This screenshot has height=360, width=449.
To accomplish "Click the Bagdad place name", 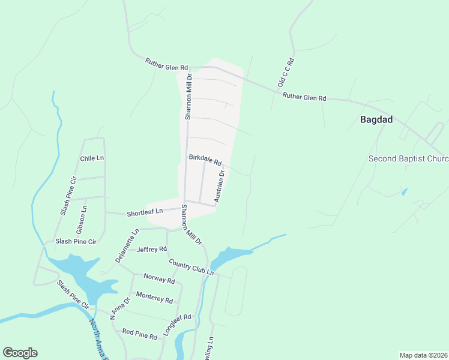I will (376, 119).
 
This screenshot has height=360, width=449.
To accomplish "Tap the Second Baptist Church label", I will (408, 159).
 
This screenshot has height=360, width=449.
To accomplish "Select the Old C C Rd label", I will (285, 73).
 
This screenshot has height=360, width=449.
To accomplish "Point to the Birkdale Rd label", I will (205, 160).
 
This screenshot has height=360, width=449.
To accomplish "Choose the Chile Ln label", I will (92, 158).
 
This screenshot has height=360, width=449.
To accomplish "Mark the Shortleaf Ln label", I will (145, 212).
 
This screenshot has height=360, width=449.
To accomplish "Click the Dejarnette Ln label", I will (127, 245).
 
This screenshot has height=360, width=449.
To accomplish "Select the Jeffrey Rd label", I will (152, 249).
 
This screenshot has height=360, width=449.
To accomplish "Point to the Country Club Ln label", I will (191, 267).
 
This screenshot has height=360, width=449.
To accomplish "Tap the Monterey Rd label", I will (154, 296).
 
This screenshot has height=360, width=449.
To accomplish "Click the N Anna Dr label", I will (119, 309).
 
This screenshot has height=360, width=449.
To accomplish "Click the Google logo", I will (20, 353).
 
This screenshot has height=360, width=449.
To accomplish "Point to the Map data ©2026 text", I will (423, 355).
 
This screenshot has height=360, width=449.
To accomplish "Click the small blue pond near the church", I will (404, 192).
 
